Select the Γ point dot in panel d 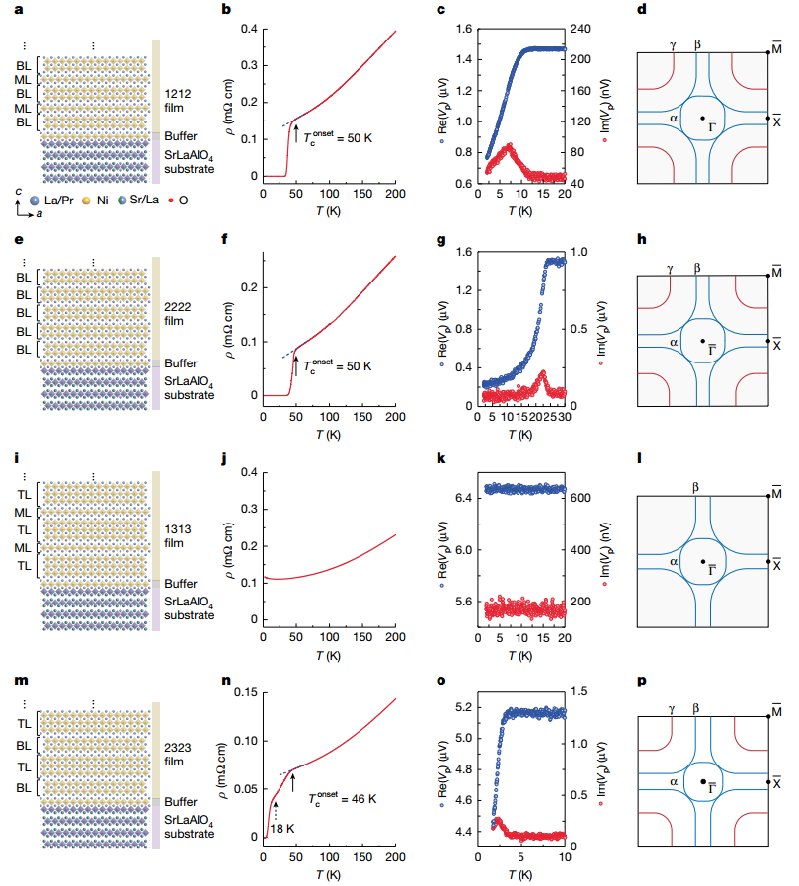point(702,119)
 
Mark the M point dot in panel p point(767,716)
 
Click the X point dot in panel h point(767,342)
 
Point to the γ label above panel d point(673,45)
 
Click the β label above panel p point(697,709)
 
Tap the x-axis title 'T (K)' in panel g point(519,432)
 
